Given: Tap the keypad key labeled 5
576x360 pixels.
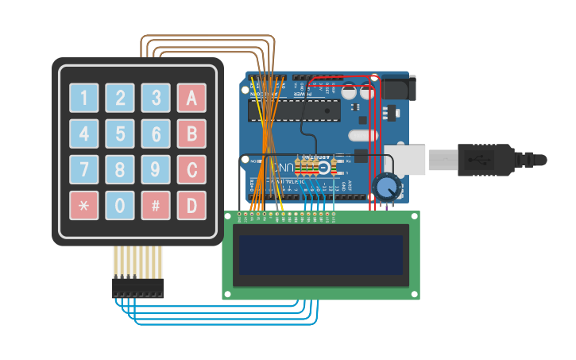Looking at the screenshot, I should coord(120,134).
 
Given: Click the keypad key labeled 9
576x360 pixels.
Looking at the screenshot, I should coord(156,169).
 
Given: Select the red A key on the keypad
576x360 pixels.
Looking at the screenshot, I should coord(191,98).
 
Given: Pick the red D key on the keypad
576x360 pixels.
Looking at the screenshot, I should coord(191,205).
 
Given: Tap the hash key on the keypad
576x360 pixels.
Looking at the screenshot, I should coord(156,205).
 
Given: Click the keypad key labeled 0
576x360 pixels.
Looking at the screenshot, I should coord(120,205).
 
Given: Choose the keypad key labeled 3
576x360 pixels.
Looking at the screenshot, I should coord(156,98).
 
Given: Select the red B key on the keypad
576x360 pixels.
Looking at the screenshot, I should coord(191,134).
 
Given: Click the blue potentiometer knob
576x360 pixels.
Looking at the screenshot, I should coord(387,188).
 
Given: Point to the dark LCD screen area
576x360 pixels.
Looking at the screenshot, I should coord(321,255).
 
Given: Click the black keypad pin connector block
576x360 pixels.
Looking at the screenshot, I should coord(137,287).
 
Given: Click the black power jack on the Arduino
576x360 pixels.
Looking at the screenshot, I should coord(398,87).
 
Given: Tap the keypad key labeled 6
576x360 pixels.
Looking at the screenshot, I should coord(156,134).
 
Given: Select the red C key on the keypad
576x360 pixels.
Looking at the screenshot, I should coord(191,169).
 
